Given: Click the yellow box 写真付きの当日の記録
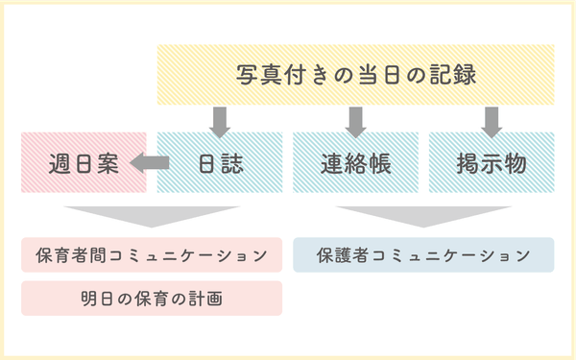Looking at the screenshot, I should pyautogui.click(x=355, y=74).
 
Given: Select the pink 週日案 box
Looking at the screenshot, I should pyautogui.click(x=84, y=162).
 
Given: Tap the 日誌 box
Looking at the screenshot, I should pyautogui.click(x=220, y=162).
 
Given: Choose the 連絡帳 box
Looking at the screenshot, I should pyautogui.click(x=355, y=162).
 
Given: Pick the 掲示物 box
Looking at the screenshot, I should pyautogui.click(x=492, y=162).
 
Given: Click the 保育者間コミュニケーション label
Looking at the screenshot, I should pyautogui.click(x=152, y=255).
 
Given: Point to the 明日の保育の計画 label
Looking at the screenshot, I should pyautogui.click(x=152, y=299).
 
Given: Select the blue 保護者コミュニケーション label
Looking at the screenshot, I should pyautogui.click(x=423, y=255).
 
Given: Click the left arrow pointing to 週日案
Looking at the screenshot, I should pyautogui.click(x=149, y=163).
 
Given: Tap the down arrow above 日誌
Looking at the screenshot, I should pyautogui.click(x=220, y=120).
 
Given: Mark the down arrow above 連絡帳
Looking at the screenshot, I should pyautogui.click(x=356, y=120).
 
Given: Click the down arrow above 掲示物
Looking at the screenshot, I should pyautogui.click(x=492, y=120).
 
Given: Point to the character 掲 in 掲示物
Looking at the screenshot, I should pyautogui.click(x=468, y=162).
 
